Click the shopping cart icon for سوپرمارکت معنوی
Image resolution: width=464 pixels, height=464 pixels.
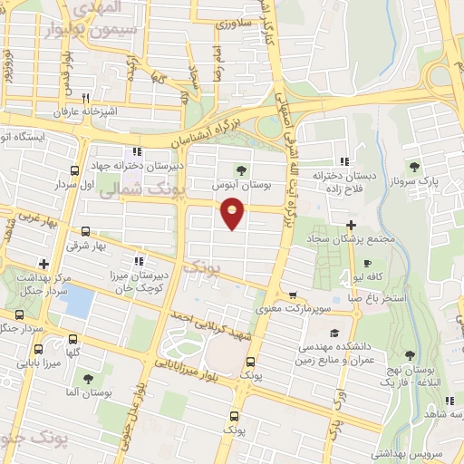(293, 295)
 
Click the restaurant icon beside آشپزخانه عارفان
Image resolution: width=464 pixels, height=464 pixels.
(85, 98)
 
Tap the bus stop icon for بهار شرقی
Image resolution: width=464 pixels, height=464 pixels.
(85, 232)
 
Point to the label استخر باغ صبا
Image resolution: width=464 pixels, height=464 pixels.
(371, 296)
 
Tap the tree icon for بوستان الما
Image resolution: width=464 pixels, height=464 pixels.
(88, 379)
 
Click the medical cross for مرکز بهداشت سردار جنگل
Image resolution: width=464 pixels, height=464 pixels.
(43, 263)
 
